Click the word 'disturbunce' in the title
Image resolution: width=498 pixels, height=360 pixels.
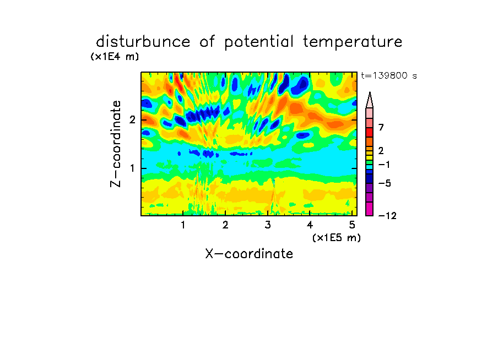click(143, 42)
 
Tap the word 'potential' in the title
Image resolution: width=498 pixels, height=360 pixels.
click(259, 42)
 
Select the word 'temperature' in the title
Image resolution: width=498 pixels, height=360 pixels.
click(353, 42)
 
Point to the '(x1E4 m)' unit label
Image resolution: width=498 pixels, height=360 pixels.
click(115, 57)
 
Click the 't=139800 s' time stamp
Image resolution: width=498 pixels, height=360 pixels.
click(389, 75)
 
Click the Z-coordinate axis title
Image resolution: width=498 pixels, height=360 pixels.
click(116, 144)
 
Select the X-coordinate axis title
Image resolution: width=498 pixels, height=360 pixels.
click(249, 254)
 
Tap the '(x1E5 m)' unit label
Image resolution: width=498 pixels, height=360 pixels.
click(337, 238)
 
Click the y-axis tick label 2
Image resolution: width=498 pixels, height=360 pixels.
click(132, 120)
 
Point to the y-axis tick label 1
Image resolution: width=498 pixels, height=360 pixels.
click(132, 168)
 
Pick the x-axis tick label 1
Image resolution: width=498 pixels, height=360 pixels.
click(183, 225)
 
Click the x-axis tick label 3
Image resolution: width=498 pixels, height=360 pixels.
click(268, 225)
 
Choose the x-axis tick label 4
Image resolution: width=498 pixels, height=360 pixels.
click(310, 225)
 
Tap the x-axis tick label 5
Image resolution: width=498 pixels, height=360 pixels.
click(352, 225)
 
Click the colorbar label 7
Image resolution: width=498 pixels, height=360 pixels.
click(381, 127)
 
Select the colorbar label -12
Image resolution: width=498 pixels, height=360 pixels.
click(387, 216)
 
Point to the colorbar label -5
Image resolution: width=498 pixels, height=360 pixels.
click(385, 183)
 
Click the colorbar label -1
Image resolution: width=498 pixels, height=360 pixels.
click(384, 165)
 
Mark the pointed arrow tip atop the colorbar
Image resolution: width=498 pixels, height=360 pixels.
click(370, 92)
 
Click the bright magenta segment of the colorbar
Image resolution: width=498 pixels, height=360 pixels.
click(370, 209)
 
